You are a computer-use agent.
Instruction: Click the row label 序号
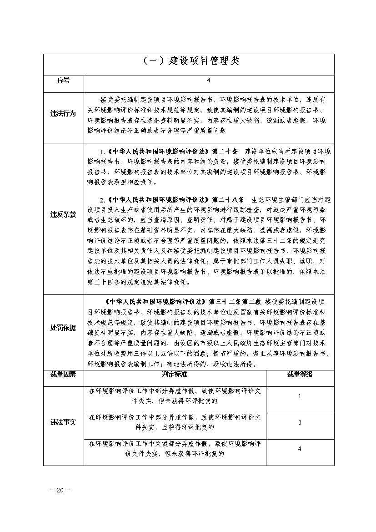click(63, 81)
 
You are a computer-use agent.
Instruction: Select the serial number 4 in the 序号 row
click(208, 81)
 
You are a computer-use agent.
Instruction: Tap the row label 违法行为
click(63, 114)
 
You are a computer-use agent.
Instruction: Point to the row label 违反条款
click(63, 215)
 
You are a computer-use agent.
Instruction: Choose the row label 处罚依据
click(63, 328)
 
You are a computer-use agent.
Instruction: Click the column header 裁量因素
click(63, 375)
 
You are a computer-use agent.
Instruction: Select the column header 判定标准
click(175, 375)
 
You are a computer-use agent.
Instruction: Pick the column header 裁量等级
click(300, 375)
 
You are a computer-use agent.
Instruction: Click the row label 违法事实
click(63, 422)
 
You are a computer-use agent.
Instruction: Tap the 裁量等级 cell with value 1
click(300, 396)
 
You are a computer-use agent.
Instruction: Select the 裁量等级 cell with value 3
click(300, 423)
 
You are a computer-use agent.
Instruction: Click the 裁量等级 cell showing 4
click(300, 449)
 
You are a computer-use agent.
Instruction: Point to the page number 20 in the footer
click(60, 490)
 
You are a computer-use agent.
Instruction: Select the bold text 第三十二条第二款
click(235, 301)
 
